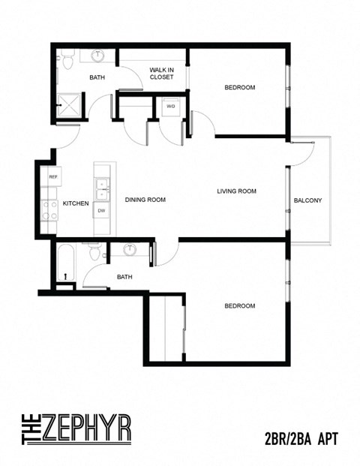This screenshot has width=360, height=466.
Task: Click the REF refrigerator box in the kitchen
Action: pyautogui.click(x=53, y=176)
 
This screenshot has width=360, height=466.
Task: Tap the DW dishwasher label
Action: pyautogui.click(x=100, y=210)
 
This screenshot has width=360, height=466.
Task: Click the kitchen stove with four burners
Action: pyautogui.click(x=50, y=209)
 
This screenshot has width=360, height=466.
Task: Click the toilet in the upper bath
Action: pyautogui.click(x=67, y=56)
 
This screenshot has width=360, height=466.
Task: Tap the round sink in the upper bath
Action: pyautogui.click(x=98, y=56)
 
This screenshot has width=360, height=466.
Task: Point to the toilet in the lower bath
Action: pyautogui.click(x=94, y=253)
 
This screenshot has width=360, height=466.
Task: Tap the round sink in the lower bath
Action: pyautogui.click(x=130, y=249)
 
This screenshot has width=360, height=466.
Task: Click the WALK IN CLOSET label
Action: pyautogui.click(x=161, y=73)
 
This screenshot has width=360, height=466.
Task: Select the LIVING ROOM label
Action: pyautogui.click(x=236, y=191)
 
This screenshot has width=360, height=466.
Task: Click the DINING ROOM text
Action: pyautogui.click(x=145, y=200)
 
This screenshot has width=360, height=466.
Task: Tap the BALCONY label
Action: pyautogui.click(x=307, y=200)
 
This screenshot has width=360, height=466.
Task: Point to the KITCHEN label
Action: pyautogui.click(x=76, y=203)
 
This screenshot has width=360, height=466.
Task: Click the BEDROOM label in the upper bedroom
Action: pyautogui.click(x=239, y=88)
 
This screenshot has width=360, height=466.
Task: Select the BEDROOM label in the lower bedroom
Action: pyautogui.click(x=239, y=305)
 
